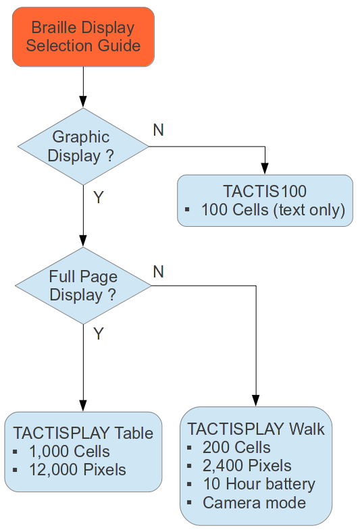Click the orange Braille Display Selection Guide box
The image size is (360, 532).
[83, 36]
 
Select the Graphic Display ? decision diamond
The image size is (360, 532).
[83, 147]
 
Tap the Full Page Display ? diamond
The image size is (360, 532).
[83, 286]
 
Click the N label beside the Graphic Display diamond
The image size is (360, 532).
[159, 130]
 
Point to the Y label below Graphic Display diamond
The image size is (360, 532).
[99, 197]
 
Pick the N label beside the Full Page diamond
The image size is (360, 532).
[159, 272]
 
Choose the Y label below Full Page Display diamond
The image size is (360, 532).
[99, 334]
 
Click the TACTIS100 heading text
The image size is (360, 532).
[265, 191]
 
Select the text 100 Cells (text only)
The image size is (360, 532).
[273, 210]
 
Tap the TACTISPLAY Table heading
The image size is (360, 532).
[83, 433]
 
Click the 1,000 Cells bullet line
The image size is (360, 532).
[70, 452]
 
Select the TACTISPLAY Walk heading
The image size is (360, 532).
[256, 429]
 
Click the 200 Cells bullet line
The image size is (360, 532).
[236, 447]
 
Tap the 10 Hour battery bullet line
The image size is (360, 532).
[259, 484]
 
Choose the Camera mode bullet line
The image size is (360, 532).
[254, 502]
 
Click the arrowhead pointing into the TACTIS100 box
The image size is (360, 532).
[265, 169]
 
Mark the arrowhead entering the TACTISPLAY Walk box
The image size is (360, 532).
[256, 400]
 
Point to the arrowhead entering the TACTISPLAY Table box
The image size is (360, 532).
[83, 406]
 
